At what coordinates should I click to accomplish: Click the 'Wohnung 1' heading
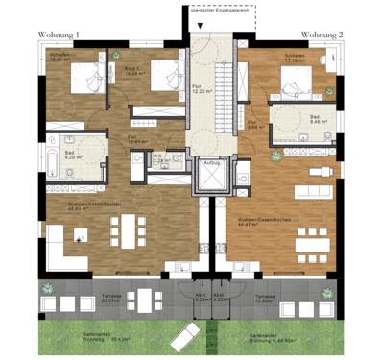pos(59,36)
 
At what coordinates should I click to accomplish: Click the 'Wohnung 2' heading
pos(322,36)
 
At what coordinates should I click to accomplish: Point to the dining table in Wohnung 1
pos(126,230)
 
